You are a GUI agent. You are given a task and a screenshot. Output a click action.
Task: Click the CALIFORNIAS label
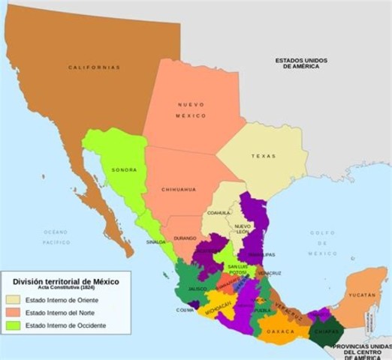tap(94, 67)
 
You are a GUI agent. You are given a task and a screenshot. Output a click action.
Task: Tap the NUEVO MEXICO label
tap(191, 110)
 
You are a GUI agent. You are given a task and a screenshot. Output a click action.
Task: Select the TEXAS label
tap(264, 156)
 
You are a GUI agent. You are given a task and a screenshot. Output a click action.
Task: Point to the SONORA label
tap(124, 170)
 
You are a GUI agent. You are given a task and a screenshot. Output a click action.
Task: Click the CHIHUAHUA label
tap(178, 190)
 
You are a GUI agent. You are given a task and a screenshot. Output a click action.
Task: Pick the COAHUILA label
tap(219, 212)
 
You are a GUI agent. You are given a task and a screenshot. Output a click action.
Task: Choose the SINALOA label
tap(156, 242)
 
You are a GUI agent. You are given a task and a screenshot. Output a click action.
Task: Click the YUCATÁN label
tap(362, 295)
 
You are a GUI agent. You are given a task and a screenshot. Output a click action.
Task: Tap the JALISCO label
tap(198, 289)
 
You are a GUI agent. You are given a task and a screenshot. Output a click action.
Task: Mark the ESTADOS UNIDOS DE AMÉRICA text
tap(297, 63)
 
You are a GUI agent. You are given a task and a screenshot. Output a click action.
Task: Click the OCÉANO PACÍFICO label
tap(55, 238)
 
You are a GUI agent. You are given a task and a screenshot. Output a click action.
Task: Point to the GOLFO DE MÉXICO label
tap(322, 243)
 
